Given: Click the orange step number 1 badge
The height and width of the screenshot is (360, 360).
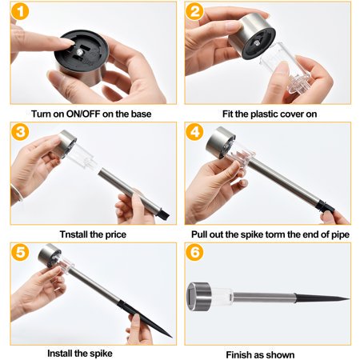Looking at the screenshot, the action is point(20,12).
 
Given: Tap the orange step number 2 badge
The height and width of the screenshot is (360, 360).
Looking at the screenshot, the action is point(194,11).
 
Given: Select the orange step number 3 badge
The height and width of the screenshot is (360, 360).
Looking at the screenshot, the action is point(20,132).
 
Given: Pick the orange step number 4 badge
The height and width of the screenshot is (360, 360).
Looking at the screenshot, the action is point(194,132).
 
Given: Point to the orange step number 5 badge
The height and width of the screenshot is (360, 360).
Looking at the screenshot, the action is point(20,252).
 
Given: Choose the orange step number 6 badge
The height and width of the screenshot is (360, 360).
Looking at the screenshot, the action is point(194,252).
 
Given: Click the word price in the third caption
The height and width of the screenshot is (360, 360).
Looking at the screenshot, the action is point(116,235).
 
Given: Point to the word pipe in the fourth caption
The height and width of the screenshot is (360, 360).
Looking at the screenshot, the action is point(341,235).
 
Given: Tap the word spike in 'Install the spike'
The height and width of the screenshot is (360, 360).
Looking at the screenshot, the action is point(101,354).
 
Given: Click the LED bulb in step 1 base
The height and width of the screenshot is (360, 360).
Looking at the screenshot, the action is point(79,52).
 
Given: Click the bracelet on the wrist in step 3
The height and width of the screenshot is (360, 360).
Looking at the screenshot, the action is point(17,194).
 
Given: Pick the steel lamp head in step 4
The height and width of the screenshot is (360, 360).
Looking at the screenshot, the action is point(220,142).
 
